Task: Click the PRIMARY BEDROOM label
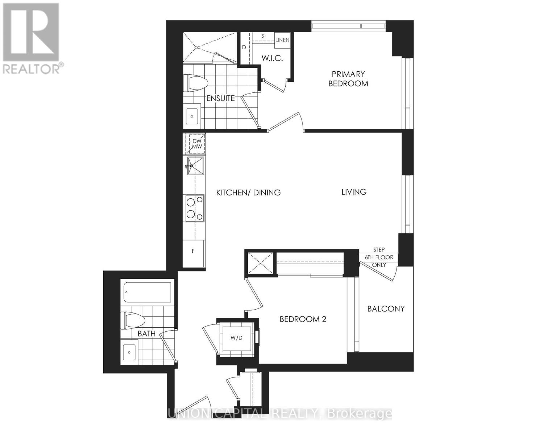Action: coord(348,79)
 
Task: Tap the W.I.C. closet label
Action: coord(272,58)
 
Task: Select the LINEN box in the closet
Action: coord(282,40)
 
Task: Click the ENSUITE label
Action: coord(220,98)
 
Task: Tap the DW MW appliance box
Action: coord(196,144)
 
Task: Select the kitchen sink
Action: coord(195,166)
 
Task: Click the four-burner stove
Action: coord(195,208)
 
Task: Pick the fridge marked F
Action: coord(194,251)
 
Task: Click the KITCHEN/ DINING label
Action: coord(248,192)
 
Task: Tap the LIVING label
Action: coord(354,192)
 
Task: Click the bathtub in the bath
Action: coord(148,292)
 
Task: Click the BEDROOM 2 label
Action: coord(303,319)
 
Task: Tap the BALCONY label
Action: coord(386,309)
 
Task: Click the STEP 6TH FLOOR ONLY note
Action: coord(379,257)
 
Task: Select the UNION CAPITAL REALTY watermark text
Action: coord(279,413)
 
